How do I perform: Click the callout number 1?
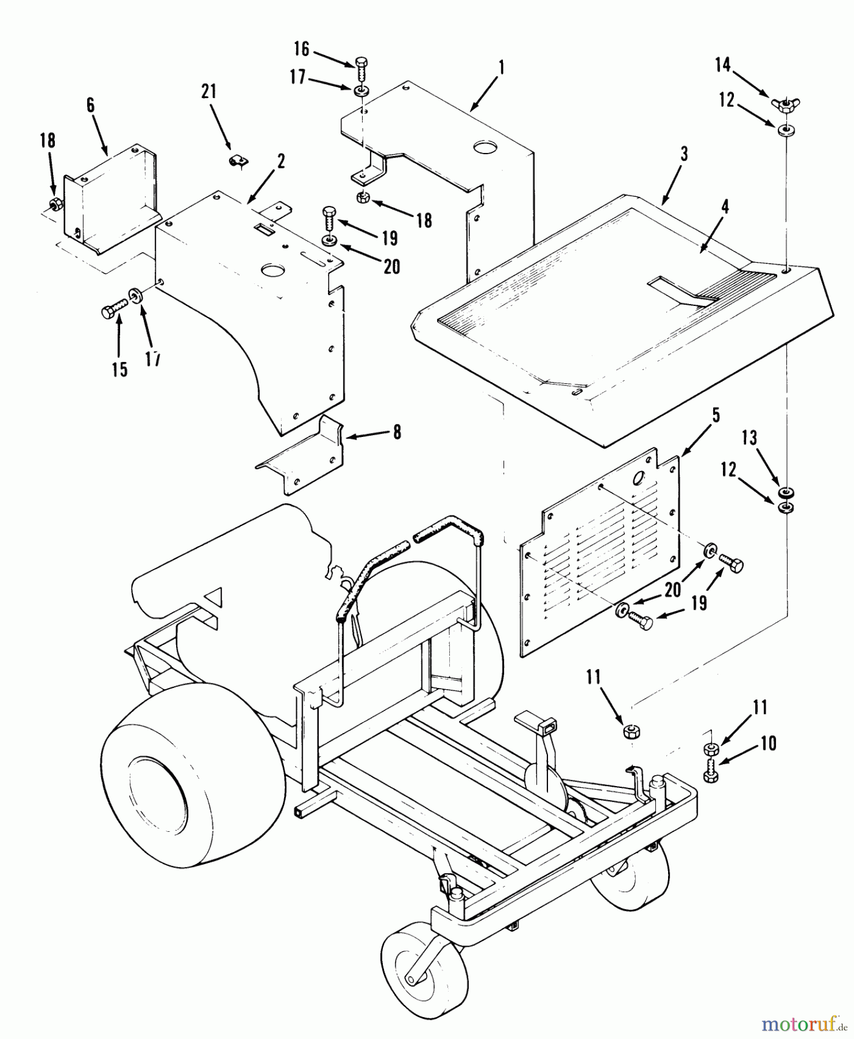click(502, 69)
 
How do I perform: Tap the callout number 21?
click(209, 91)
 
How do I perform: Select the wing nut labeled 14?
click(785, 105)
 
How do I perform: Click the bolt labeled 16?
click(362, 69)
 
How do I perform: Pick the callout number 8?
click(397, 432)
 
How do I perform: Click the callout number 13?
click(749, 439)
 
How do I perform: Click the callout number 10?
click(767, 744)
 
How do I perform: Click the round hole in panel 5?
click(639, 479)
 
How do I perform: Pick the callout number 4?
click(725, 207)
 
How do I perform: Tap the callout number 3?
click(684, 155)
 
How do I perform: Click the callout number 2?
click(281, 162)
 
